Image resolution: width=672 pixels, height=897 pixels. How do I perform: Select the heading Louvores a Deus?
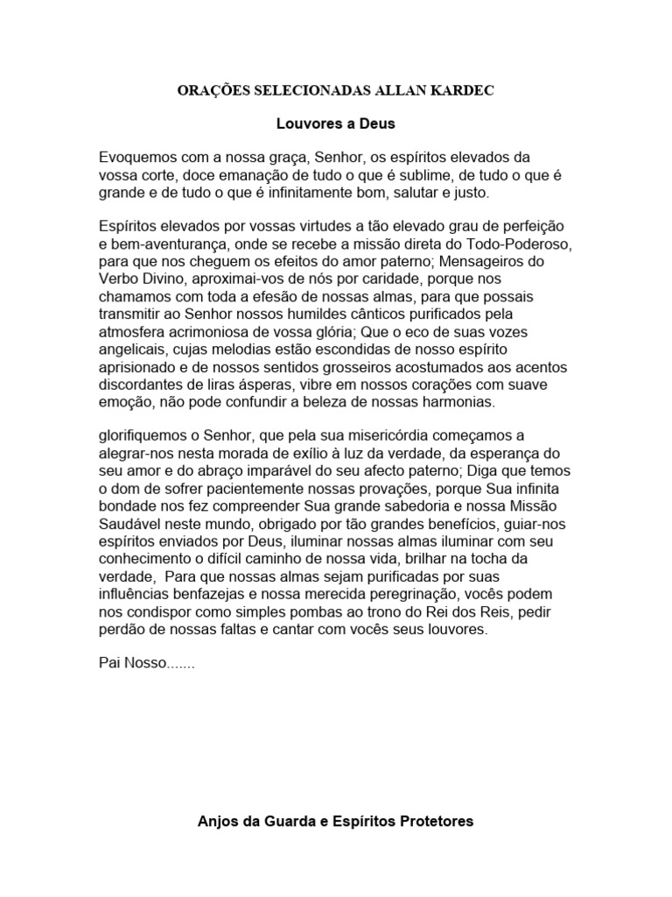pos(335,124)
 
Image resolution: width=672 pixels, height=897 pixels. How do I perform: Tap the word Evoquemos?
pos(139,158)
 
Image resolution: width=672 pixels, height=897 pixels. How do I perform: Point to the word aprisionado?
pos(136,367)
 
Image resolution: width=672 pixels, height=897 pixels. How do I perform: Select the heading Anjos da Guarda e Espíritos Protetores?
pos(335,821)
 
